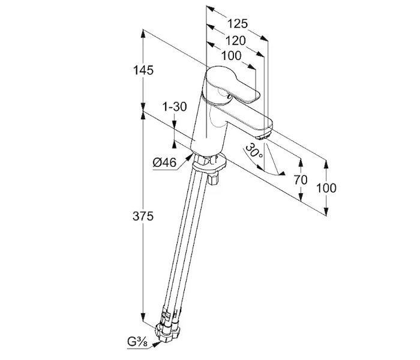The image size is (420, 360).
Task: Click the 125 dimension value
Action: pos(238,24)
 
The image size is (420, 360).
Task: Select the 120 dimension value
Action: pos(236,41)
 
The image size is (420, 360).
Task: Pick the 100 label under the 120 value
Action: pos(231,56)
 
